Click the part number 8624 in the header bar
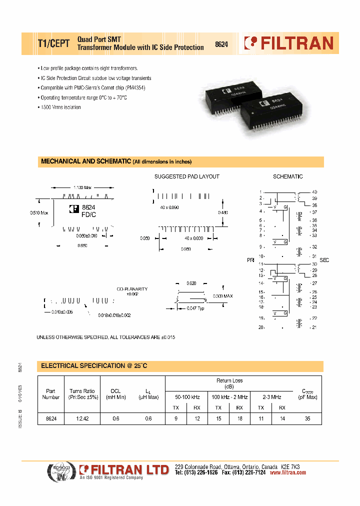point(221,44)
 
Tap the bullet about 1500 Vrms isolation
point(60,107)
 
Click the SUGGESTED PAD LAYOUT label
point(186,176)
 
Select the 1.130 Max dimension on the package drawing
point(82,187)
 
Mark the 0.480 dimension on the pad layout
point(223,212)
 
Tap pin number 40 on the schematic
point(314,192)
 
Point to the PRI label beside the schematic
point(250,260)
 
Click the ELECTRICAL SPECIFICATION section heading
point(94,366)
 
